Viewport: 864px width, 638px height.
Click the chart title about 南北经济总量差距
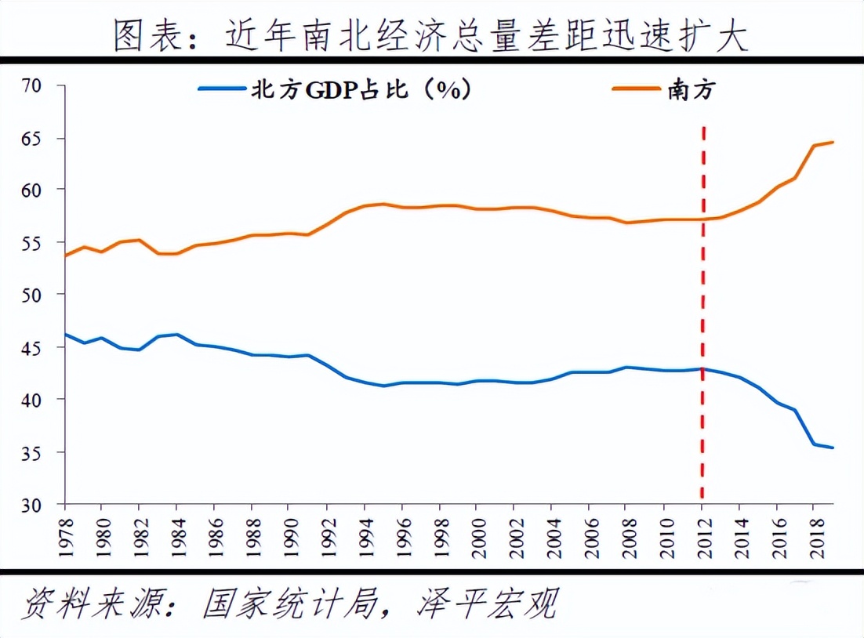(x=430, y=32)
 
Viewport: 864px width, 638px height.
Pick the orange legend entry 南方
(x=690, y=91)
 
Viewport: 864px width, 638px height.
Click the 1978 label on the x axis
(x=66, y=535)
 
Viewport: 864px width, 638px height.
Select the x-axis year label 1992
(x=326, y=535)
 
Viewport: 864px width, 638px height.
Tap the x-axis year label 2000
(x=476, y=535)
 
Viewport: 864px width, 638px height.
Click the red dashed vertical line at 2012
(x=702, y=314)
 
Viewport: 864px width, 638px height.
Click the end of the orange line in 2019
(x=833, y=142)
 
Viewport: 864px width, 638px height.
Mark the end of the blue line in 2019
(x=833, y=448)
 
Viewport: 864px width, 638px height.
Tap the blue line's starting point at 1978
(x=66, y=335)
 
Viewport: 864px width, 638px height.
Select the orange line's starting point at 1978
(x=66, y=255)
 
